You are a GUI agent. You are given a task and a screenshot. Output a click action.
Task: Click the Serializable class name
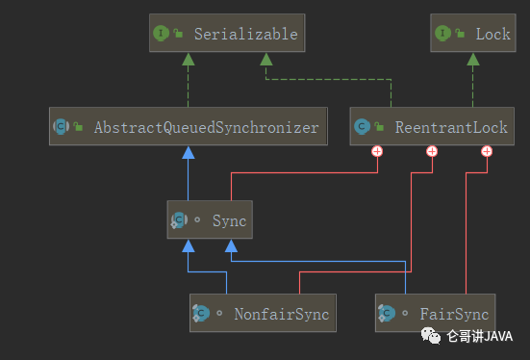pyautogui.click(x=245, y=34)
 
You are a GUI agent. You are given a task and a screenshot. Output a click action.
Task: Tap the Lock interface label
pyautogui.click(x=492, y=34)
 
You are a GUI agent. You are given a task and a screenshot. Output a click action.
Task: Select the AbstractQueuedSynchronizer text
pyautogui.click(x=206, y=128)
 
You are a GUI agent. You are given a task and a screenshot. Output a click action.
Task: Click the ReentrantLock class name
pyautogui.click(x=451, y=128)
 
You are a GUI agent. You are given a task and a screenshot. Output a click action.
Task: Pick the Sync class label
pyautogui.click(x=229, y=221)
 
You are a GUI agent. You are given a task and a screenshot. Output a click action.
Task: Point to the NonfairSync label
pyautogui.click(x=282, y=315)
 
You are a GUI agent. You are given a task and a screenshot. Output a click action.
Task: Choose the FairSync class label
pyautogui.click(x=454, y=315)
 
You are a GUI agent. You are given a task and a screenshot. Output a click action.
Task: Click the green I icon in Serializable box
pyautogui.click(x=161, y=33)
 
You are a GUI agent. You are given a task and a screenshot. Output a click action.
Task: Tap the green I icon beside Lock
pyautogui.click(x=442, y=33)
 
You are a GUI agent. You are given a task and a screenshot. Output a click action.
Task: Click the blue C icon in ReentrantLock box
pyautogui.click(x=362, y=126)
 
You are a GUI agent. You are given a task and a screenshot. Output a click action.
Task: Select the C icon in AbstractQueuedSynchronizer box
pyautogui.click(x=61, y=126)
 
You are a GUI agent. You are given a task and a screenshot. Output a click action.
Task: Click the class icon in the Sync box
pyautogui.click(x=179, y=220)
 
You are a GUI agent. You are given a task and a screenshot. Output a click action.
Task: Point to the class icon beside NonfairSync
pyautogui.click(x=201, y=313)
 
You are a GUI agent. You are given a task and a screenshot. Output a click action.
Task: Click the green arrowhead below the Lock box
pyautogui.click(x=473, y=60)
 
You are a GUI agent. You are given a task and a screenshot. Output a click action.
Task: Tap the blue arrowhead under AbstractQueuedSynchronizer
pyautogui.click(x=189, y=153)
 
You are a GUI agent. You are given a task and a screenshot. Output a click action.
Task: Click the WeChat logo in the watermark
pyautogui.click(x=431, y=336)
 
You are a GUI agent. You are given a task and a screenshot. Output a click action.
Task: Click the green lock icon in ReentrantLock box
pyautogui.click(x=379, y=127)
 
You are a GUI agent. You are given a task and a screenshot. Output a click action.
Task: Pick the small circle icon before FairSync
pyautogui.click(x=405, y=313)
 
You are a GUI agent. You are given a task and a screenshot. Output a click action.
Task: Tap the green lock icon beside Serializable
pyautogui.click(x=178, y=33)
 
